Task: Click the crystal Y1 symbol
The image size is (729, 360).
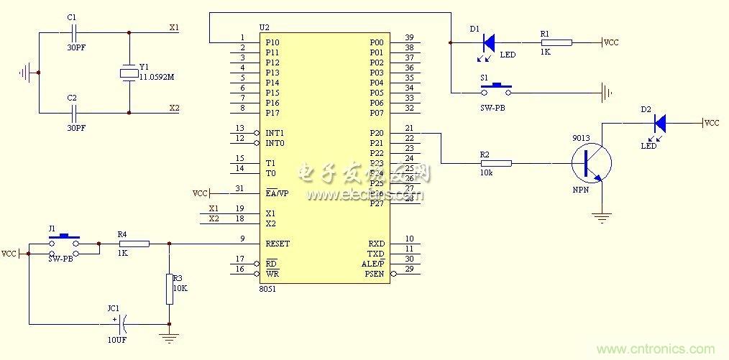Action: [x=129, y=73]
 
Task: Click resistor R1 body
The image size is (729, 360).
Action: [x=556, y=43]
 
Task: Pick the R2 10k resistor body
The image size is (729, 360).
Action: [x=496, y=164]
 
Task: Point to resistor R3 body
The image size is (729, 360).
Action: [x=169, y=288]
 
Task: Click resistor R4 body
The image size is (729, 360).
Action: [x=134, y=244]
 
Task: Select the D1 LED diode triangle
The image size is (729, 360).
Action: [x=489, y=43]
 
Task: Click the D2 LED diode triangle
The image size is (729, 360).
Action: [x=659, y=124]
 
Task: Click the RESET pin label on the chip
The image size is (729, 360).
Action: [x=278, y=244]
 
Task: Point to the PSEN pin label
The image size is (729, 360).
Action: [x=375, y=274]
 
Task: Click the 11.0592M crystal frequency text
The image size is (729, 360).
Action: [x=157, y=76]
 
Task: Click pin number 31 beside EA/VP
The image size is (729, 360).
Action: [x=239, y=189]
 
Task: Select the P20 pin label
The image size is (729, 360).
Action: [x=376, y=133]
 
